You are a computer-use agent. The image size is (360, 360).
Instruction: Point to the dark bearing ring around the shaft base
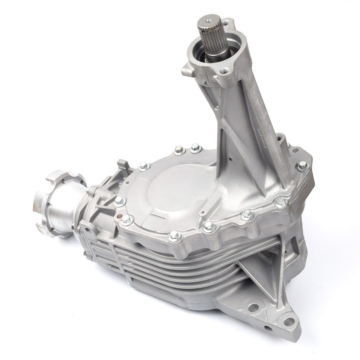point(204,56)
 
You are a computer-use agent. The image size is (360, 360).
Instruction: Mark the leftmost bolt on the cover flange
point(120,201)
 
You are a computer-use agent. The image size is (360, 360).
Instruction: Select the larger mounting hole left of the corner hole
point(254,307)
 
